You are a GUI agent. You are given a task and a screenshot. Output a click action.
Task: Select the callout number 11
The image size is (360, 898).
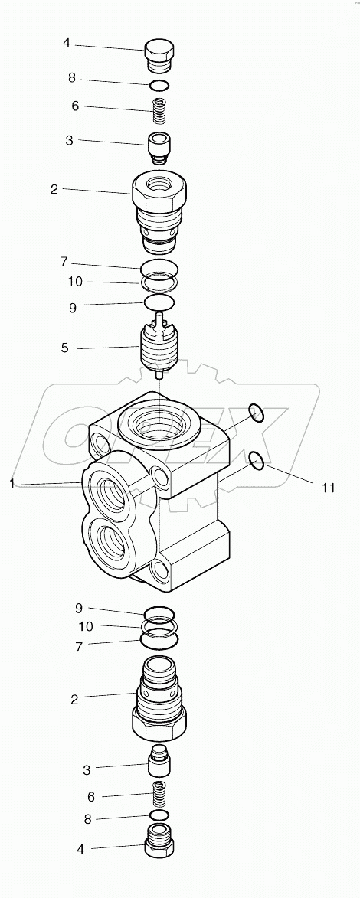pyautogui.click(x=328, y=487)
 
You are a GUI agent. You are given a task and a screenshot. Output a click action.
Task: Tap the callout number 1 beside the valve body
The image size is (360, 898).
pyautogui.click(x=12, y=482)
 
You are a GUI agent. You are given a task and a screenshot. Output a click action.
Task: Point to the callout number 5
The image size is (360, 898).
pyautogui.click(x=65, y=348)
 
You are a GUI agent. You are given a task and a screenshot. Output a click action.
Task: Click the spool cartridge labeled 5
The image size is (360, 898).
pyautogui.click(x=159, y=348)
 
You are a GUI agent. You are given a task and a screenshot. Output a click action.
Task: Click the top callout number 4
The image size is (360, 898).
pyautogui.click(x=67, y=43)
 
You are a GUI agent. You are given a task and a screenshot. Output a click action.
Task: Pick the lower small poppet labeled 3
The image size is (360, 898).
pyautogui.click(x=159, y=761)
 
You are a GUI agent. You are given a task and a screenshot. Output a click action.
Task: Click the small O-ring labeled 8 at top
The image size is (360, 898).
pyautogui.click(x=159, y=84)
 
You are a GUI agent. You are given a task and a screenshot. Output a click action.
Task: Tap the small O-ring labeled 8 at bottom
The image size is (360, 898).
pyautogui.click(x=159, y=815)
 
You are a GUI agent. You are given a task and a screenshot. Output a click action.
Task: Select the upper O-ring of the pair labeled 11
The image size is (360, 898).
pyautogui.click(x=257, y=414)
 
